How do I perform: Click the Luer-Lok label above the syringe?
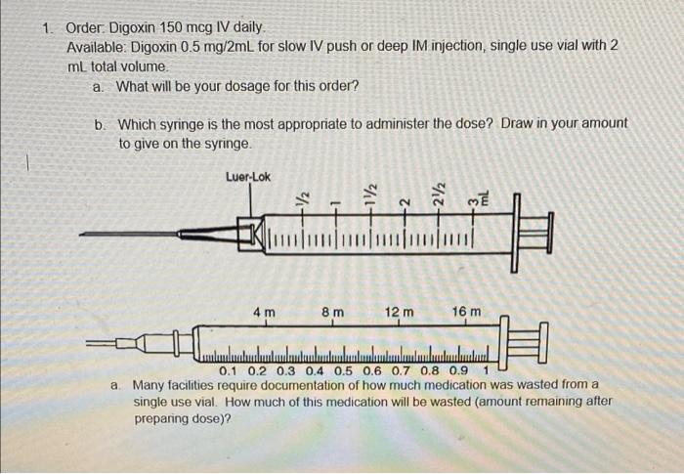pyautogui.click(x=248, y=177)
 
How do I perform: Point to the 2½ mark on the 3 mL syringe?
pyautogui.click(x=439, y=194)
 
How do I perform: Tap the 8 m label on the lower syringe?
pyautogui.click(x=332, y=313)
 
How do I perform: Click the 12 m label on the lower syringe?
pyautogui.click(x=399, y=313)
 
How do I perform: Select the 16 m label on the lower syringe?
pyautogui.click(x=467, y=313)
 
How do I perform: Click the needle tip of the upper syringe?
pyautogui.click(x=83, y=235)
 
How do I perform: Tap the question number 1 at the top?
pyautogui.click(x=48, y=28)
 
